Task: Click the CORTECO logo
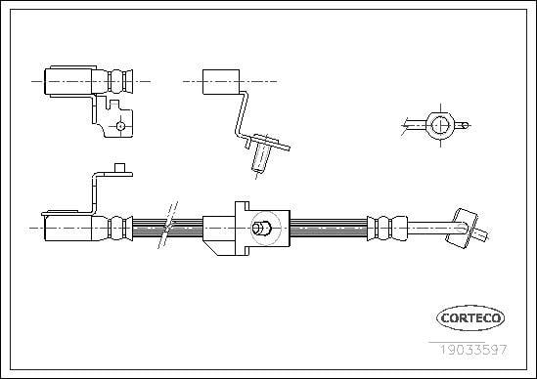[470, 318]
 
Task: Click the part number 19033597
[473, 350]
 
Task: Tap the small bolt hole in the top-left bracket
[120, 126]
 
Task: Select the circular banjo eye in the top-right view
[440, 126]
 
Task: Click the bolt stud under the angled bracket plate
[260, 157]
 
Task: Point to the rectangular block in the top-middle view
[221, 82]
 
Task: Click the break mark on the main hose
[168, 225]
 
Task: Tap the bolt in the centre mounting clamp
[261, 228]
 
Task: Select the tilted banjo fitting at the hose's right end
[462, 229]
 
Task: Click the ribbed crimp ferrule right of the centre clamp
[387, 229]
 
